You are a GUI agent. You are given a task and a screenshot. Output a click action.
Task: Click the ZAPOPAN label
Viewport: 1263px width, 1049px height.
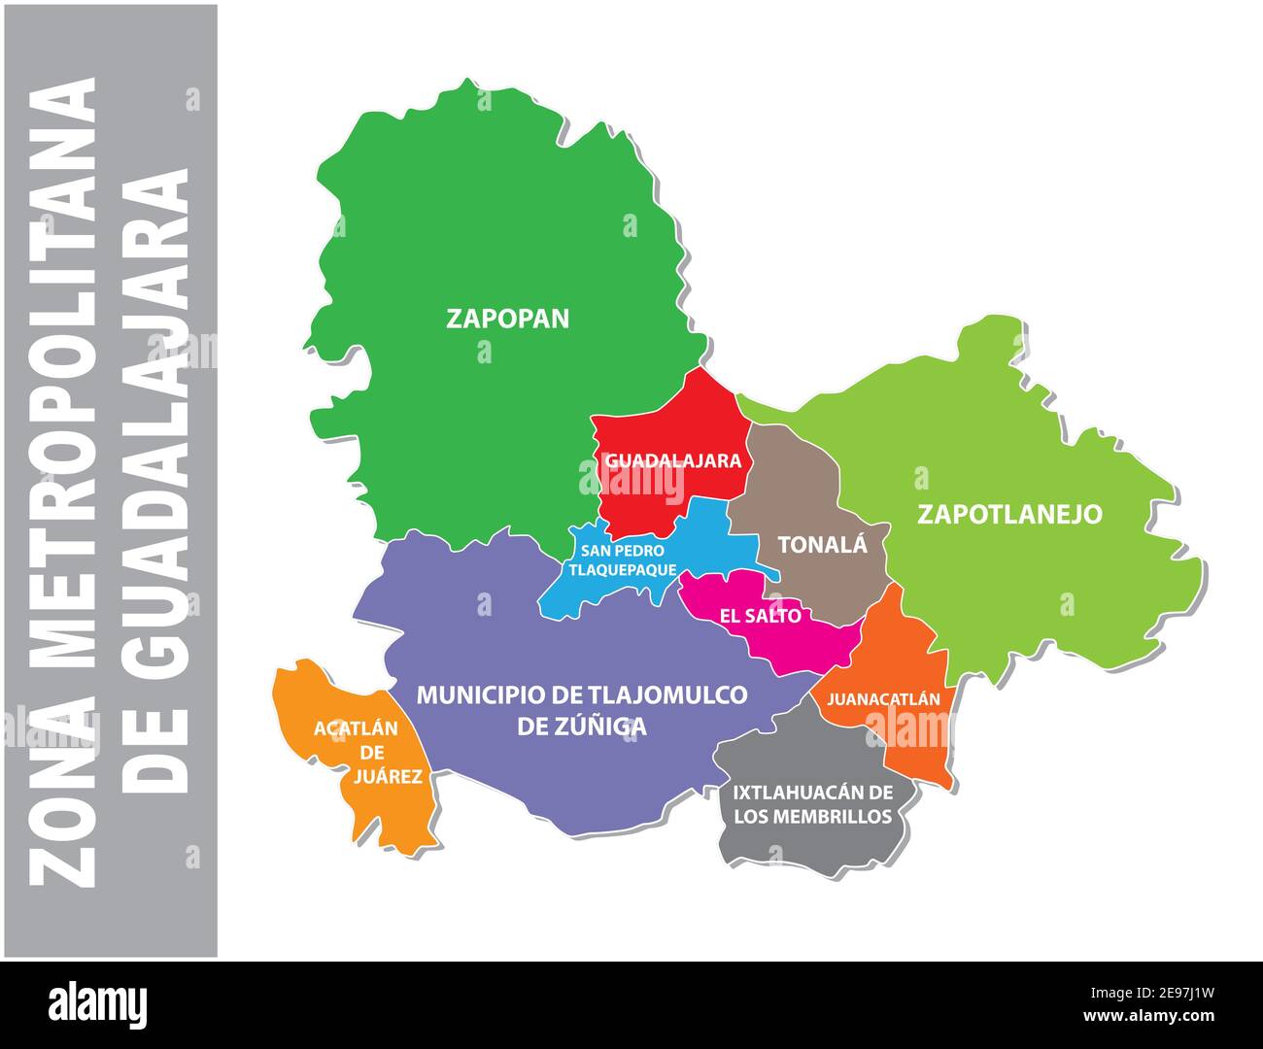[x=507, y=319]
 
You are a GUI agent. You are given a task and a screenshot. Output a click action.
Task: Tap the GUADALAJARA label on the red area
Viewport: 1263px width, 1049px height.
[x=673, y=461]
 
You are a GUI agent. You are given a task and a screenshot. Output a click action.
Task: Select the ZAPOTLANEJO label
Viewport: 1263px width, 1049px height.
[x=1009, y=514]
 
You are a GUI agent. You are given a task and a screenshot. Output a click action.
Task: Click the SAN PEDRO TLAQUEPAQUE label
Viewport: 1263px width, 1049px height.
[x=622, y=560]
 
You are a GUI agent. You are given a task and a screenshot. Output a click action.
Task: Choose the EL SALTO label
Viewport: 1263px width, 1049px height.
[x=760, y=616]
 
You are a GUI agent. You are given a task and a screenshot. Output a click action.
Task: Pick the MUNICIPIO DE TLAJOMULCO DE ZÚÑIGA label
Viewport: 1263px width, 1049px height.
[x=582, y=710]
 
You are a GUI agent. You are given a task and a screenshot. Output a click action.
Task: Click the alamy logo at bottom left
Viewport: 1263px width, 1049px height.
[x=98, y=1005]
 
